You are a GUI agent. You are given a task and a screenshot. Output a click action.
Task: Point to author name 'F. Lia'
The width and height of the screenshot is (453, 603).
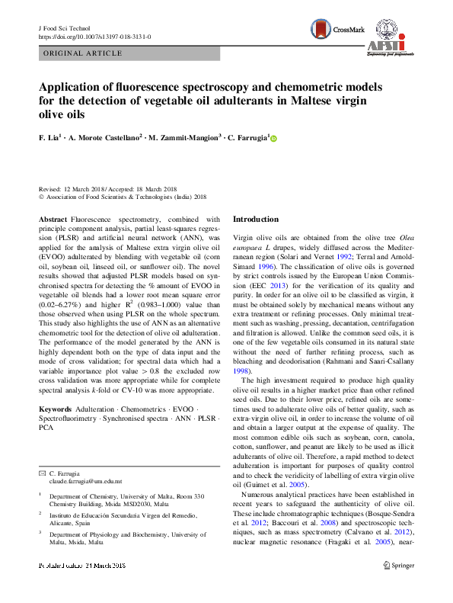50,139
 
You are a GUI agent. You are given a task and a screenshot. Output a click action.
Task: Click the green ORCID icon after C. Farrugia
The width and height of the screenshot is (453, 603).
273,139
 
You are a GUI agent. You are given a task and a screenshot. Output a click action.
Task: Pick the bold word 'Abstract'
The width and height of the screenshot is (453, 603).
53,219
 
